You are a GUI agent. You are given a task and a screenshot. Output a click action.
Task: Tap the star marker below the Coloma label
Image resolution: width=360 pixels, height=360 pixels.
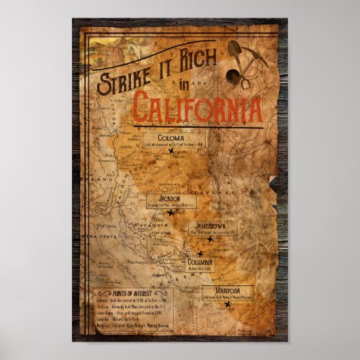pyautogui.click(x=171, y=152)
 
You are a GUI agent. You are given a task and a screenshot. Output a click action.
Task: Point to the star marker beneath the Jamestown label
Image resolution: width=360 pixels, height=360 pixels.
pyautogui.click(x=210, y=239)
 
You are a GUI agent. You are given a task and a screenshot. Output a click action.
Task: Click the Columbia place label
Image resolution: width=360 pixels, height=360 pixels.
pyautogui.click(x=200, y=263)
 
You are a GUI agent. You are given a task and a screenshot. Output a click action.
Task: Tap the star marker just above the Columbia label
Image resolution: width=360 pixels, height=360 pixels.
pyautogui.click(x=200, y=253)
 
